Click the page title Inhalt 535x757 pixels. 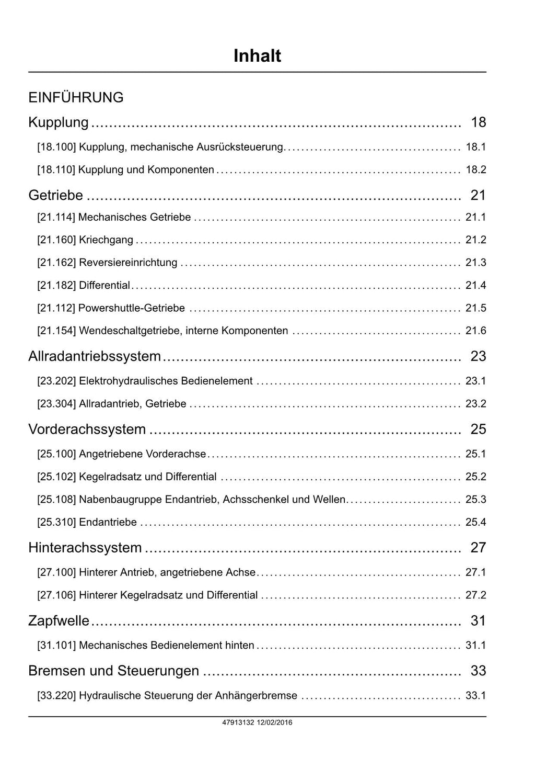pos(257,56)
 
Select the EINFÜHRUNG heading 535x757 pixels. pos(76,97)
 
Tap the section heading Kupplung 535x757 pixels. pos(59,122)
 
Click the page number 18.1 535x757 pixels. pos(475,147)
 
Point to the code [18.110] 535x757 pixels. pos(56,170)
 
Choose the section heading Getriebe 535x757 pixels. pos(55,195)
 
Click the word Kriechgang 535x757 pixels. pos(106,240)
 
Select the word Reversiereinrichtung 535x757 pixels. pos(128,263)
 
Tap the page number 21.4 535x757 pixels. pos(475,286)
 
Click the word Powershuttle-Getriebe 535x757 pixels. pos(132,308)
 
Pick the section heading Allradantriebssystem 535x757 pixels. pos(95,356)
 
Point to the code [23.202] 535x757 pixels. pos(56,381)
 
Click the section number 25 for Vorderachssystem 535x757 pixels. pos(478,430)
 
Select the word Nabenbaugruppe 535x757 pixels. pos(121,500)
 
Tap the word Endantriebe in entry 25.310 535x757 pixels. pos(108,522)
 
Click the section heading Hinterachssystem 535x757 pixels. pos(85,548)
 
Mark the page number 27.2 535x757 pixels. pos(475,595)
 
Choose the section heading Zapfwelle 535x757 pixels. pos(59,621)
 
